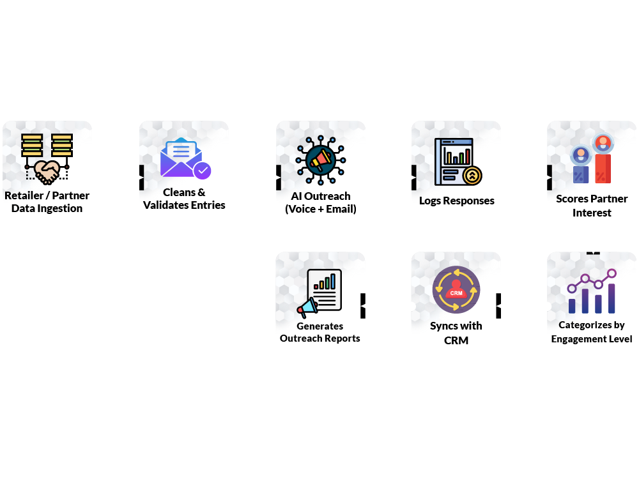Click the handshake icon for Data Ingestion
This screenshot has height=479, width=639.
pos(47,170)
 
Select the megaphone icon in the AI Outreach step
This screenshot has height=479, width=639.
pos(320,158)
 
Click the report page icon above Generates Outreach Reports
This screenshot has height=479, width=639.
pos(325,290)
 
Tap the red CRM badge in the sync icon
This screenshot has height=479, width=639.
pos(456,293)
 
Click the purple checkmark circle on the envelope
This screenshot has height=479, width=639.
pos(203,171)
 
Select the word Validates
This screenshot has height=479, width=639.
pos(169,205)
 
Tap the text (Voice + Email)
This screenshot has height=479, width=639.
pos(320,209)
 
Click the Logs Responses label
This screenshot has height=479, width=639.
pos(456,201)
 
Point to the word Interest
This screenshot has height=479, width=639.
pos(592,213)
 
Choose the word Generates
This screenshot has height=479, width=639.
pos(319,326)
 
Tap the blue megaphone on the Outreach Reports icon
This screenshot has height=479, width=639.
pos(307,308)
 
